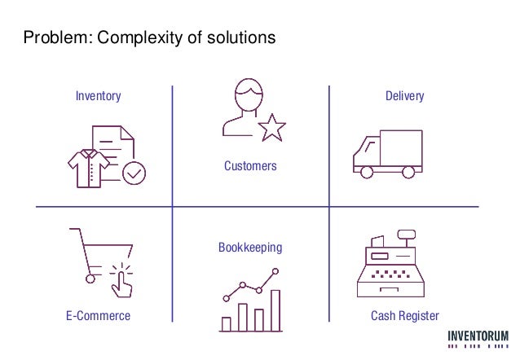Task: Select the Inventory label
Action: click(x=98, y=96)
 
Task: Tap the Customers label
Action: click(x=250, y=166)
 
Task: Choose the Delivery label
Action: click(x=404, y=96)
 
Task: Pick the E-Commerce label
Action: click(x=98, y=316)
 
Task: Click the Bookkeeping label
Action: click(x=250, y=247)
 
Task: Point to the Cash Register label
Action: click(x=404, y=316)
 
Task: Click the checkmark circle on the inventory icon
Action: click(x=134, y=173)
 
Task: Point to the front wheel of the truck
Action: click(x=366, y=171)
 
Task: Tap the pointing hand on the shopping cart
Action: click(x=123, y=281)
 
